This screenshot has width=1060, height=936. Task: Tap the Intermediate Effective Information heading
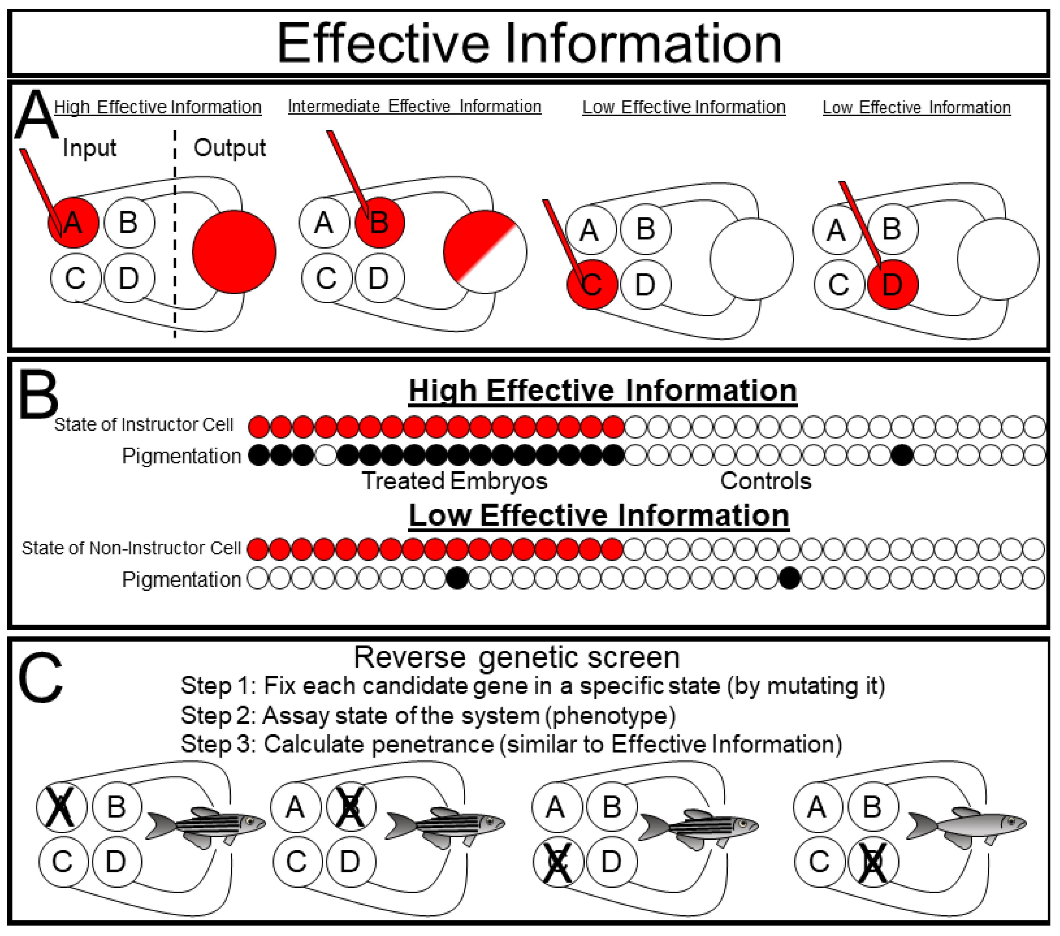tap(414, 106)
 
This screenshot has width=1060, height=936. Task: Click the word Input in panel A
tap(89, 148)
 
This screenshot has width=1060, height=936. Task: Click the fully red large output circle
tap(234, 252)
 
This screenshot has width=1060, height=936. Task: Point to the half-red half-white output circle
tap(485, 252)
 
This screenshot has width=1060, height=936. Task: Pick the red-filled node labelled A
tap(73, 222)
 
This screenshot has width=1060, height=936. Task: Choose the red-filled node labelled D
tap(892, 284)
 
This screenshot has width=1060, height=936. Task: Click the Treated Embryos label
tap(454, 481)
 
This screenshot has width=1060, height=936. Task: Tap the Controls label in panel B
tap(765, 481)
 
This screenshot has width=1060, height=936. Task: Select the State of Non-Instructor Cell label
tap(131, 548)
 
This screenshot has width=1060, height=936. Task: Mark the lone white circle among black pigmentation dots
tap(326, 456)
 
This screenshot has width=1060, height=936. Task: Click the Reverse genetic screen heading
tap(517, 658)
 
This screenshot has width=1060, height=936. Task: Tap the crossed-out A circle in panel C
tap(61, 807)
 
